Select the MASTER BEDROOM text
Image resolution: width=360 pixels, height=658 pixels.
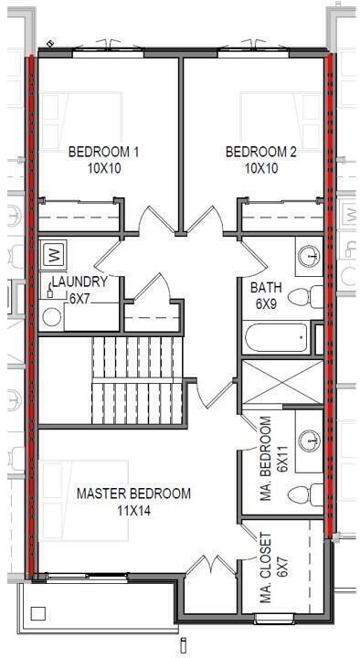click(133, 493)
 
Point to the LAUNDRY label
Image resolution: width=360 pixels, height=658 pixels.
click(79, 281)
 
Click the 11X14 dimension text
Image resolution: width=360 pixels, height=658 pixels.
click(133, 510)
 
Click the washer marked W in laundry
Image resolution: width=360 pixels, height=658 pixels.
click(52, 251)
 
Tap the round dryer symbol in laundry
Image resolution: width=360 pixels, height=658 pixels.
click(52, 316)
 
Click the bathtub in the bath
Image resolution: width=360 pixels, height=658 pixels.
click(277, 339)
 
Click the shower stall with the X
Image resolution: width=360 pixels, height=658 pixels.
click(281, 382)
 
